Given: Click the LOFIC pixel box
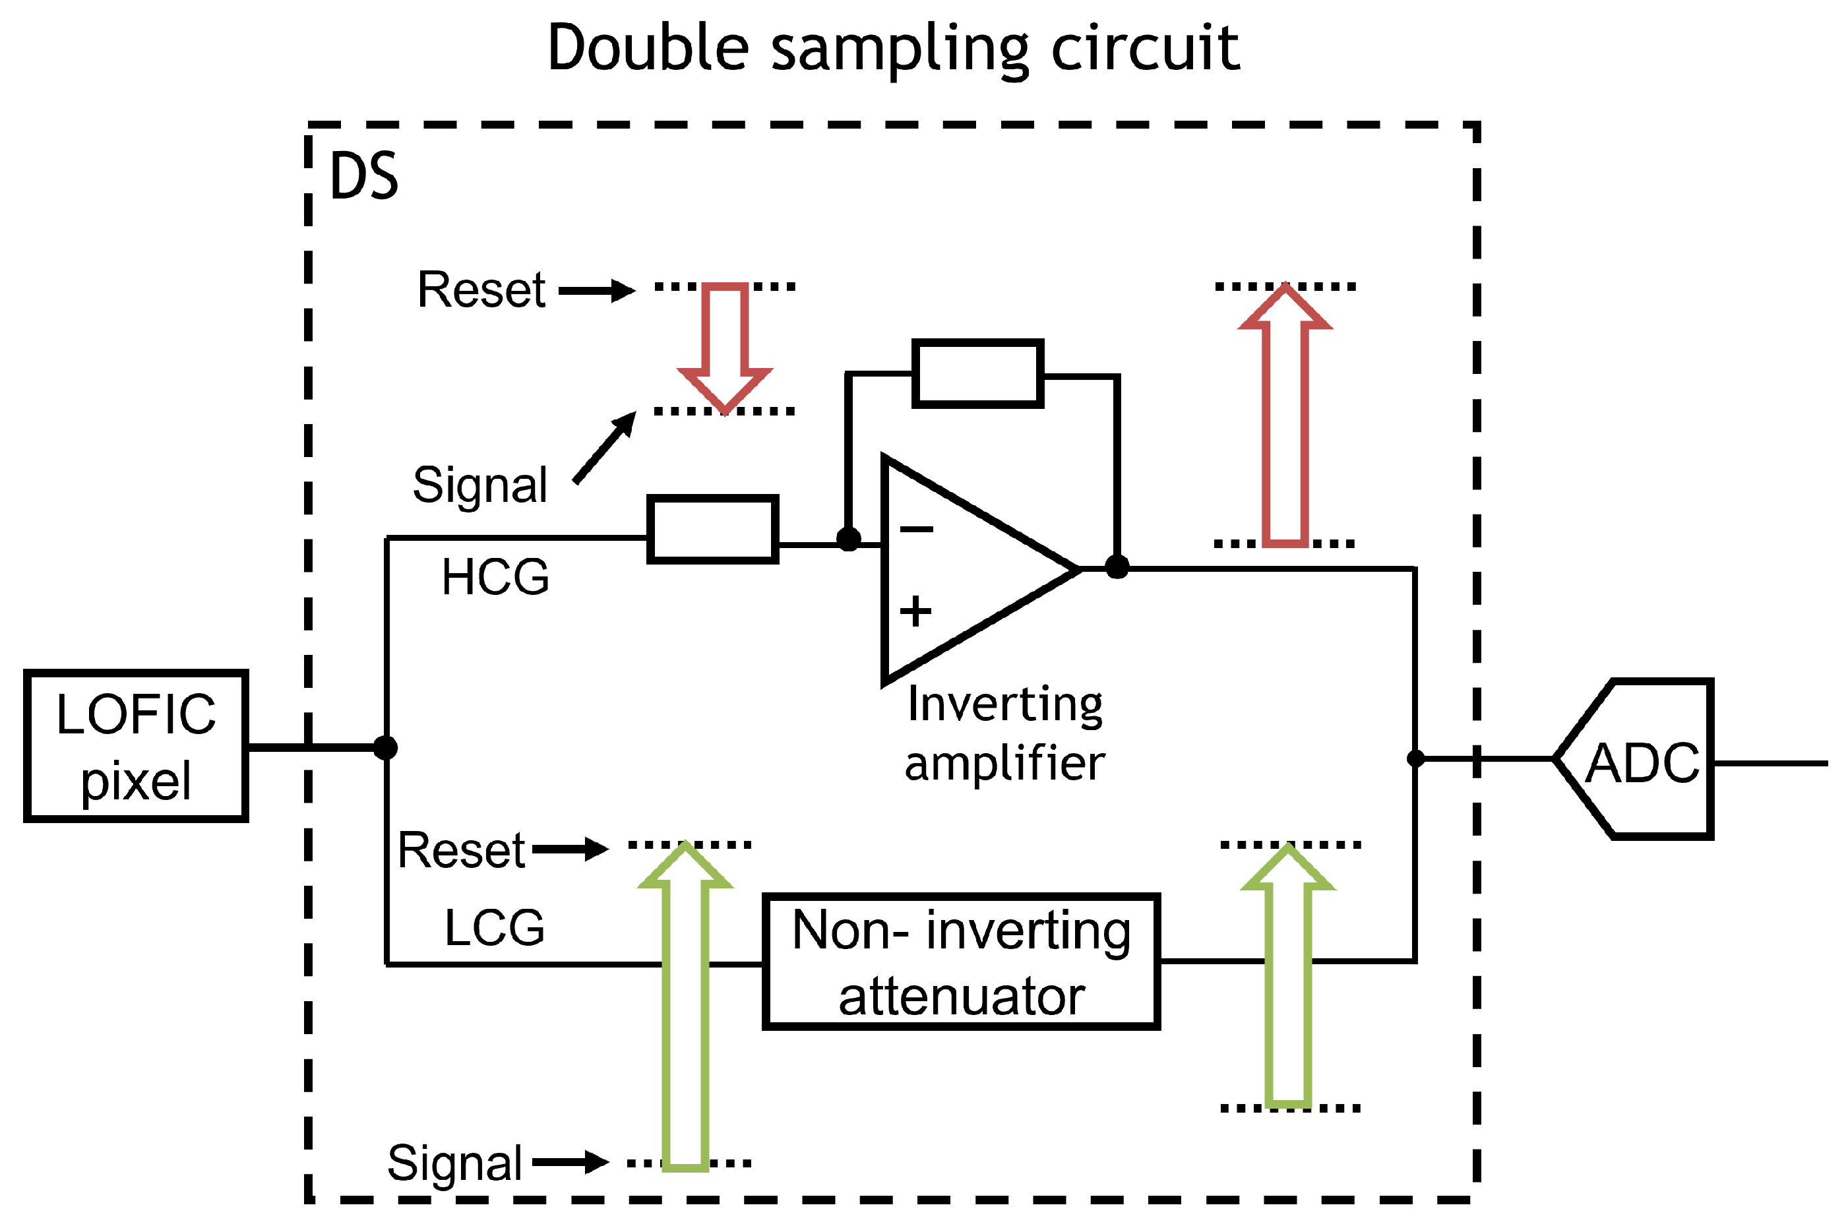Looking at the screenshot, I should click(x=137, y=747).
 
